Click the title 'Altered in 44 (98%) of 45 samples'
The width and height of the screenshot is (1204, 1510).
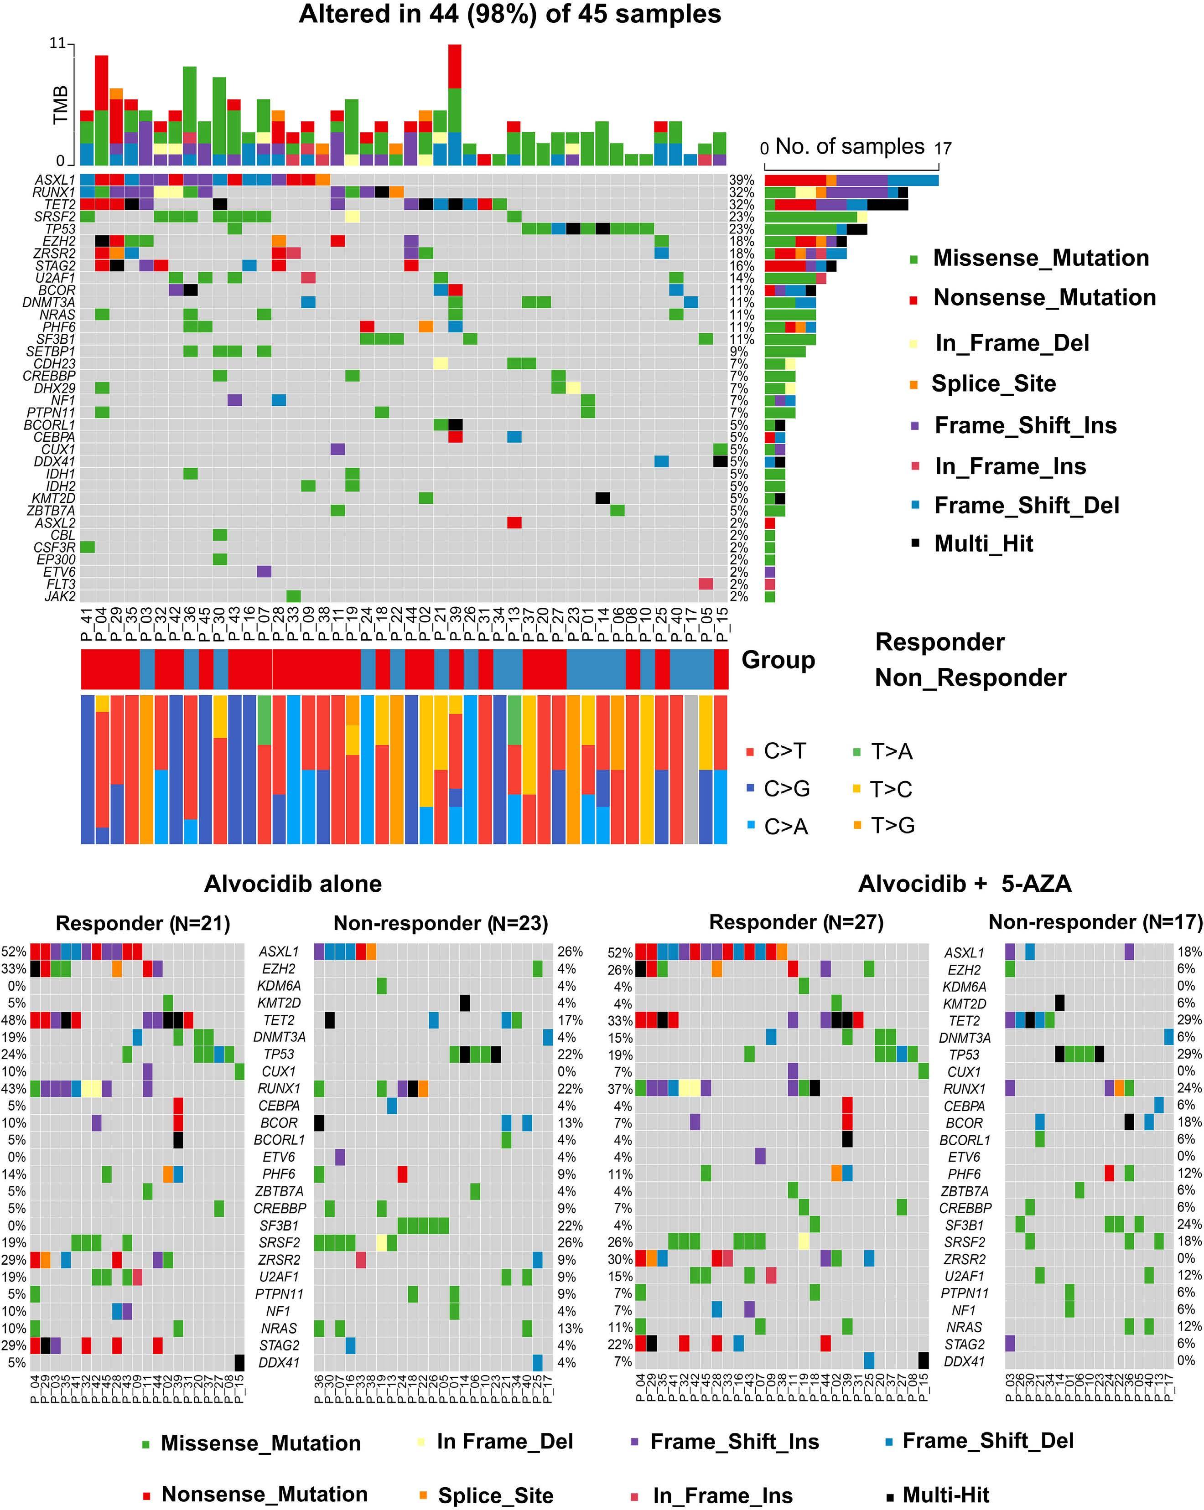point(509,14)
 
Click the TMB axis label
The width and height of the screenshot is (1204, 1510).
point(61,105)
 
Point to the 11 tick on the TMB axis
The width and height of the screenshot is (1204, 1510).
point(57,43)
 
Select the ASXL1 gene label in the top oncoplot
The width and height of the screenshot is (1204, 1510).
point(55,180)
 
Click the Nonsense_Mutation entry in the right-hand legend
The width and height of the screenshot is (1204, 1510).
point(1043,298)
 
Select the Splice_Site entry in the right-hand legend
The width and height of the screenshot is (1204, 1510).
point(993,384)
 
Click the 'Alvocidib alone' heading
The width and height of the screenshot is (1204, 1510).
point(293,884)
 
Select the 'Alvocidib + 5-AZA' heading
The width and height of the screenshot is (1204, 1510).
point(965,884)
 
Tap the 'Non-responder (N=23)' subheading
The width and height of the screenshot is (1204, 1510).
point(441,923)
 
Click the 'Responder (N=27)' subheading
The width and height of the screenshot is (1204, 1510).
point(796,922)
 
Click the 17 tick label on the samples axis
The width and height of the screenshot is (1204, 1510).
point(943,149)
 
